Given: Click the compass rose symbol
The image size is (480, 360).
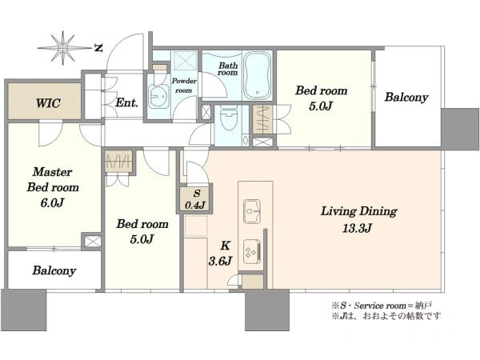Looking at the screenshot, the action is coord(63,48).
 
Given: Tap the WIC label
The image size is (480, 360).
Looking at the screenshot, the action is coord(48,103).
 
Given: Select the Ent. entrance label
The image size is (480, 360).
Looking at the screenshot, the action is coord(126,102).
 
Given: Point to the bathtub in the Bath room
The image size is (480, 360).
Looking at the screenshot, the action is coord(258,74).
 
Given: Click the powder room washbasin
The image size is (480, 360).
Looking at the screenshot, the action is coord(158,97).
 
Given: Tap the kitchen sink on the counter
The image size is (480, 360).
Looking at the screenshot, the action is coord(252,211).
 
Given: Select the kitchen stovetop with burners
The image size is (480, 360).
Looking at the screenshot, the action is coord(252,251).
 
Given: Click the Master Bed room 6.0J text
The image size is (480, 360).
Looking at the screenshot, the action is coord(53,187).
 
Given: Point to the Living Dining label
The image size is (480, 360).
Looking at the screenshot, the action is coord(358,211).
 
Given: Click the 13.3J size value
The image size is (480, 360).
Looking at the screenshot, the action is coord(357,228).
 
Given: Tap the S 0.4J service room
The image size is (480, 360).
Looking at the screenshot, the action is coord(196,199).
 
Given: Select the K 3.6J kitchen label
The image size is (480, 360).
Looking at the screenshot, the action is coord(221,253).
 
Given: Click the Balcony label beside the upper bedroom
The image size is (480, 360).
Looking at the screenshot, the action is coord(406,98).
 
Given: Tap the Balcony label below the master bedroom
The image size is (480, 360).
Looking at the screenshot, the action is coord(54,270).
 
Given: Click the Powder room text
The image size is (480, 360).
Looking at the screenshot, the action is coord(184,86).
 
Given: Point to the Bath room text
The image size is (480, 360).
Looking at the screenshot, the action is coord(228,69).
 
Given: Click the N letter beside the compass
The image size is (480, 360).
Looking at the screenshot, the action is coord(98,48).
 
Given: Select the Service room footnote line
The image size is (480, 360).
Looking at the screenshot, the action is coord(382,306).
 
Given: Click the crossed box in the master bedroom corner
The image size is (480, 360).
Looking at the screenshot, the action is coord(92,241).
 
